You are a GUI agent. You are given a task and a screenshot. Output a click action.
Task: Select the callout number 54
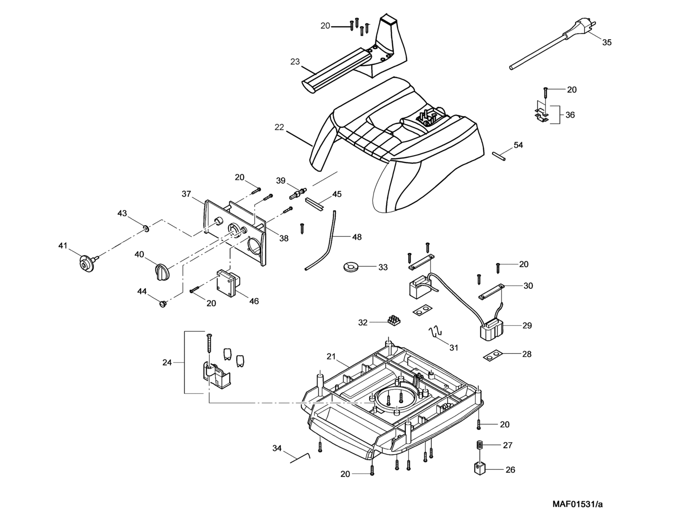[x=518, y=145]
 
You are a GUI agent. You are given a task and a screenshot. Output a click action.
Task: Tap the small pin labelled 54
[x=499, y=156]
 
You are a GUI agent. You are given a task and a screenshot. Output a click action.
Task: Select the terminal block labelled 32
[x=394, y=321]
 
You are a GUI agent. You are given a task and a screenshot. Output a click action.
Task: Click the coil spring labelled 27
[x=479, y=445]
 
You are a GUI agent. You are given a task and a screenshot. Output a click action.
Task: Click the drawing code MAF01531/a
[x=578, y=504]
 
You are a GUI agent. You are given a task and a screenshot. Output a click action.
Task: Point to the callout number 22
[x=279, y=127]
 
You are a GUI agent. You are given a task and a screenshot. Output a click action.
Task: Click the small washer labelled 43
[x=146, y=228]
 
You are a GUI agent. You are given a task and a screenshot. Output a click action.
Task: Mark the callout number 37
[x=186, y=193]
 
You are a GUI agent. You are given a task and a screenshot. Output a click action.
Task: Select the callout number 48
[x=357, y=237]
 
